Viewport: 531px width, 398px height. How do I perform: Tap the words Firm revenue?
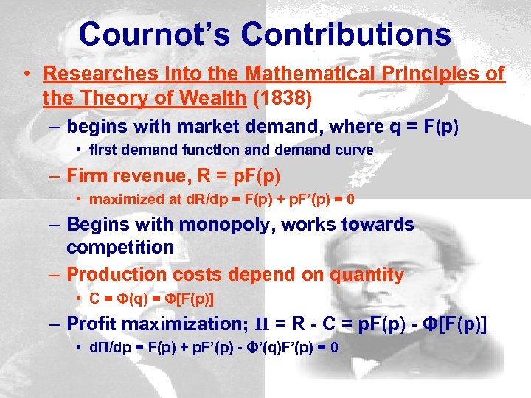coord(130,176)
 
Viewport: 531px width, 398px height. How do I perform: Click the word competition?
coord(120,247)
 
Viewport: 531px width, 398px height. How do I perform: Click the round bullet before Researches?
coord(26,74)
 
